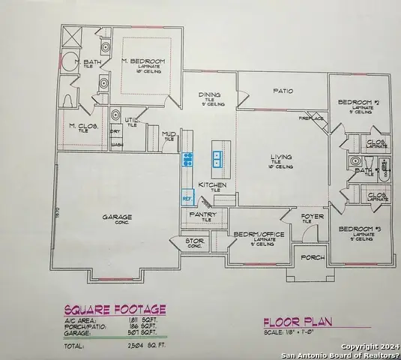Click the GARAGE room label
click(x=117, y=217)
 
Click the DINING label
click(x=209, y=94)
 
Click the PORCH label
click(x=312, y=256)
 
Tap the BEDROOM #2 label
click(x=355, y=102)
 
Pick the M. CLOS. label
click(x=83, y=126)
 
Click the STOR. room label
click(x=195, y=241)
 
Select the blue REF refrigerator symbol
click(x=187, y=198)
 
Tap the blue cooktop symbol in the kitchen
click(x=188, y=159)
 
